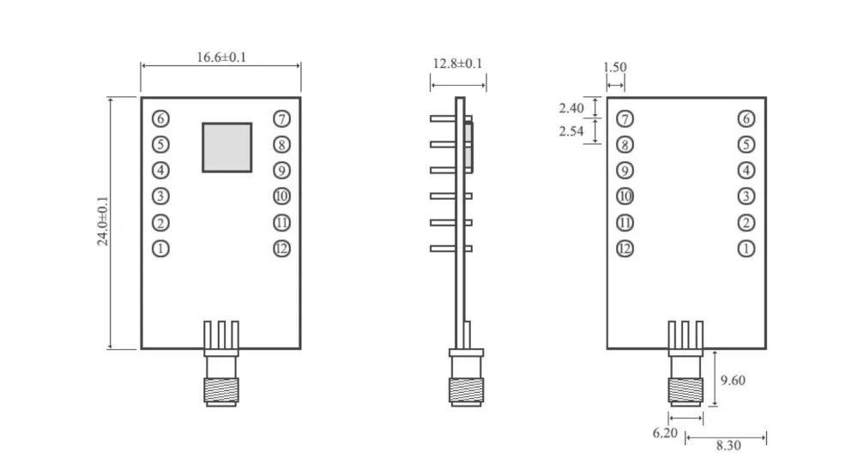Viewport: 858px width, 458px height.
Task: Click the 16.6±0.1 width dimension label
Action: click(x=221, y=57)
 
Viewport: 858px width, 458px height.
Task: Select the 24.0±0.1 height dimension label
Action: click(x=102, y=221)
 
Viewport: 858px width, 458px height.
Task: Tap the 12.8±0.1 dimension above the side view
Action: click(x=457, y=63)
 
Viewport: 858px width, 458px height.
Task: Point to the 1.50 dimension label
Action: click(x=614, y=67)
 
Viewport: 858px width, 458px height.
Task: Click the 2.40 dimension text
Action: click(x=571, y=108)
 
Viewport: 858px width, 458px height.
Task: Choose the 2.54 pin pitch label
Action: click(x=571, y=131)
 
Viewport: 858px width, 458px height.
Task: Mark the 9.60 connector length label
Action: click(x=733, y=380)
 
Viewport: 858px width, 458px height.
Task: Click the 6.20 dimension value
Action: click(x=665, y=433)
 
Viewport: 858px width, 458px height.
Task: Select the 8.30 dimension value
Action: click(x=728, y=445)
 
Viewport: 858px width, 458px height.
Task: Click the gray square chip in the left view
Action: click(x=227, y=148)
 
